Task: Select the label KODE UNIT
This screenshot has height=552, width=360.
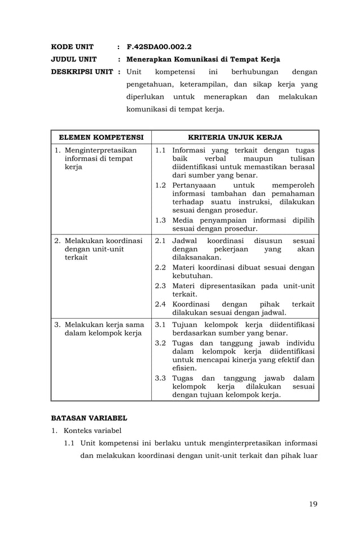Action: (72, 46)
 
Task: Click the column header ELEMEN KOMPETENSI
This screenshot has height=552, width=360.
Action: (102, 137)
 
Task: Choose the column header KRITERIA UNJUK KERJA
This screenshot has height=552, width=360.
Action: (235, 137)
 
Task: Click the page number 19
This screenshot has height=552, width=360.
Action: (313, 504)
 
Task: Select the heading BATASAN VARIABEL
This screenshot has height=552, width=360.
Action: (89, 418)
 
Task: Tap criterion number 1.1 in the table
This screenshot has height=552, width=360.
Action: (160, 151)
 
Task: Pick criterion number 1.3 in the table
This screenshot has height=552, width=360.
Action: (160, 220)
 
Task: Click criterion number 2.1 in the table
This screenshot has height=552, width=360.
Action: (160, 241)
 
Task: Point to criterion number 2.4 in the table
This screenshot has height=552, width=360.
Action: (160, 304)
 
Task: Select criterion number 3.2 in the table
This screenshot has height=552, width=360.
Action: (160, 343)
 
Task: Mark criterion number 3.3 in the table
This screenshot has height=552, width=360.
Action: (160, 378)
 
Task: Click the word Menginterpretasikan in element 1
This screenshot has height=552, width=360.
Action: (101, 151)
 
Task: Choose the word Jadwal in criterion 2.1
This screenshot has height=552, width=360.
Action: (185, 241)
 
